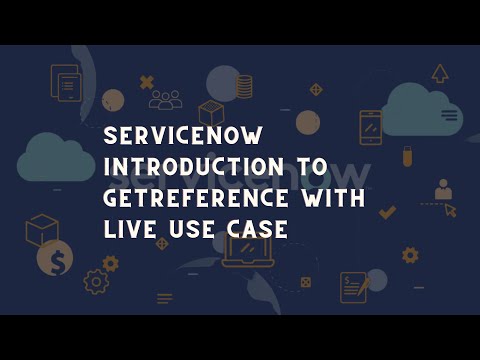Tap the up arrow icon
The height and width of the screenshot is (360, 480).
(x=440, y=72)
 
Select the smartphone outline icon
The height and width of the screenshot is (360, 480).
(x=370, y=127)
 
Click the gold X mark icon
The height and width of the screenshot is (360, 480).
(x=147, y=82)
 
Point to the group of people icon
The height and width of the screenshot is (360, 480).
(x=166, y=99)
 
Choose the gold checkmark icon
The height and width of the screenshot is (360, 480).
(x=387, y=212)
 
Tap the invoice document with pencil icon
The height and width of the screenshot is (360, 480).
(x=355, y=287)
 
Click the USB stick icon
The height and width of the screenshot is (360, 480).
(x=407, y=157)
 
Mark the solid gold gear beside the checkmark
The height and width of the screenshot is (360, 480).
(x=409, y=255)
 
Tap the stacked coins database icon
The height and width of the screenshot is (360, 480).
(x=244, y=86)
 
